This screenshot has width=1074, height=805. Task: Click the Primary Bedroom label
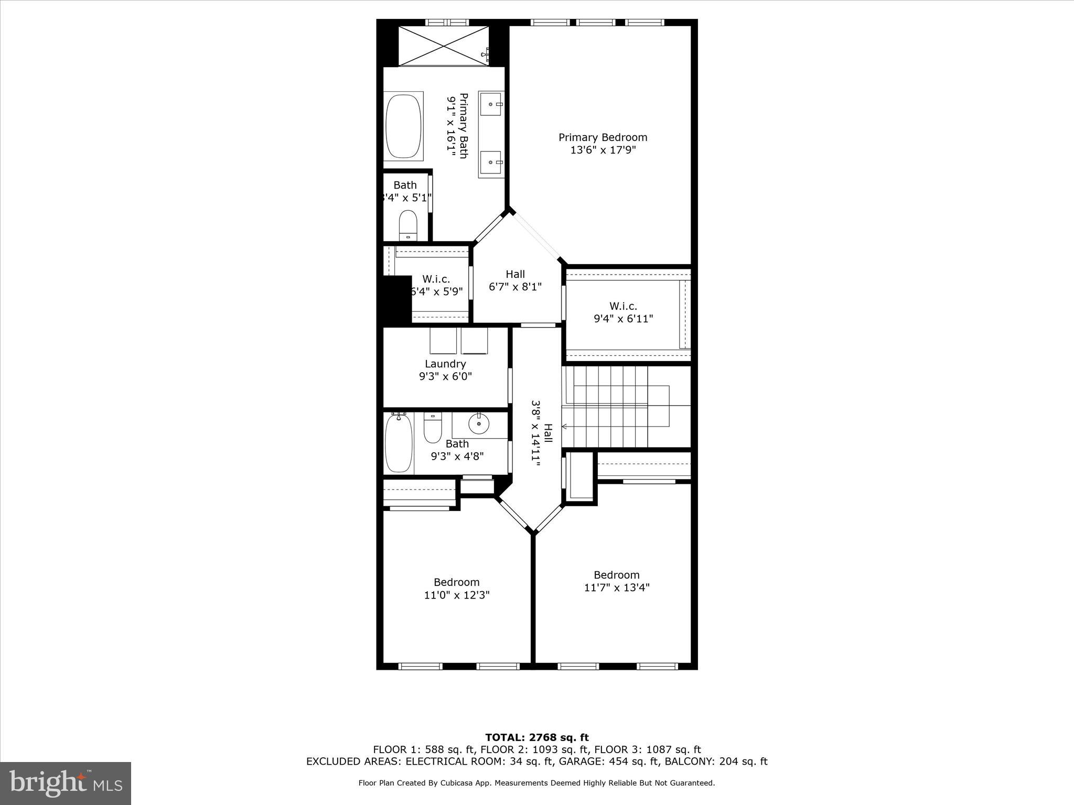tap(603, 137)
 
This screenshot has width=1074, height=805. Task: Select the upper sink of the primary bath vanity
tap(491, 104)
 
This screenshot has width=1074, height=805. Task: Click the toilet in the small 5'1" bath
tap(407, 225)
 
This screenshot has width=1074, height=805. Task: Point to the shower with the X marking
tap(444, 46)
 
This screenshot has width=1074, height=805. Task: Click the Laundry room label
tap(445, 364)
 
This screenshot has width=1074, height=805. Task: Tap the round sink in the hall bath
tap(478, 423)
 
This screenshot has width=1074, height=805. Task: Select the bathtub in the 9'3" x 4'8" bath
tap(399, 443)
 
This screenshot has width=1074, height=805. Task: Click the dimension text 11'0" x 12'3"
tap(457, 595)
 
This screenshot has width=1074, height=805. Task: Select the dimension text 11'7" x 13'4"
tap(617, 588)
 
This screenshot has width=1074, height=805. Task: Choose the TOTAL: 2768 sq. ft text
tap(537, 738)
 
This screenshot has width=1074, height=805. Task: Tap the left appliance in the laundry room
tap(443, 341)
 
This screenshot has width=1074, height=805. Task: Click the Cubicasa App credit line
tap(536, 783)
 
